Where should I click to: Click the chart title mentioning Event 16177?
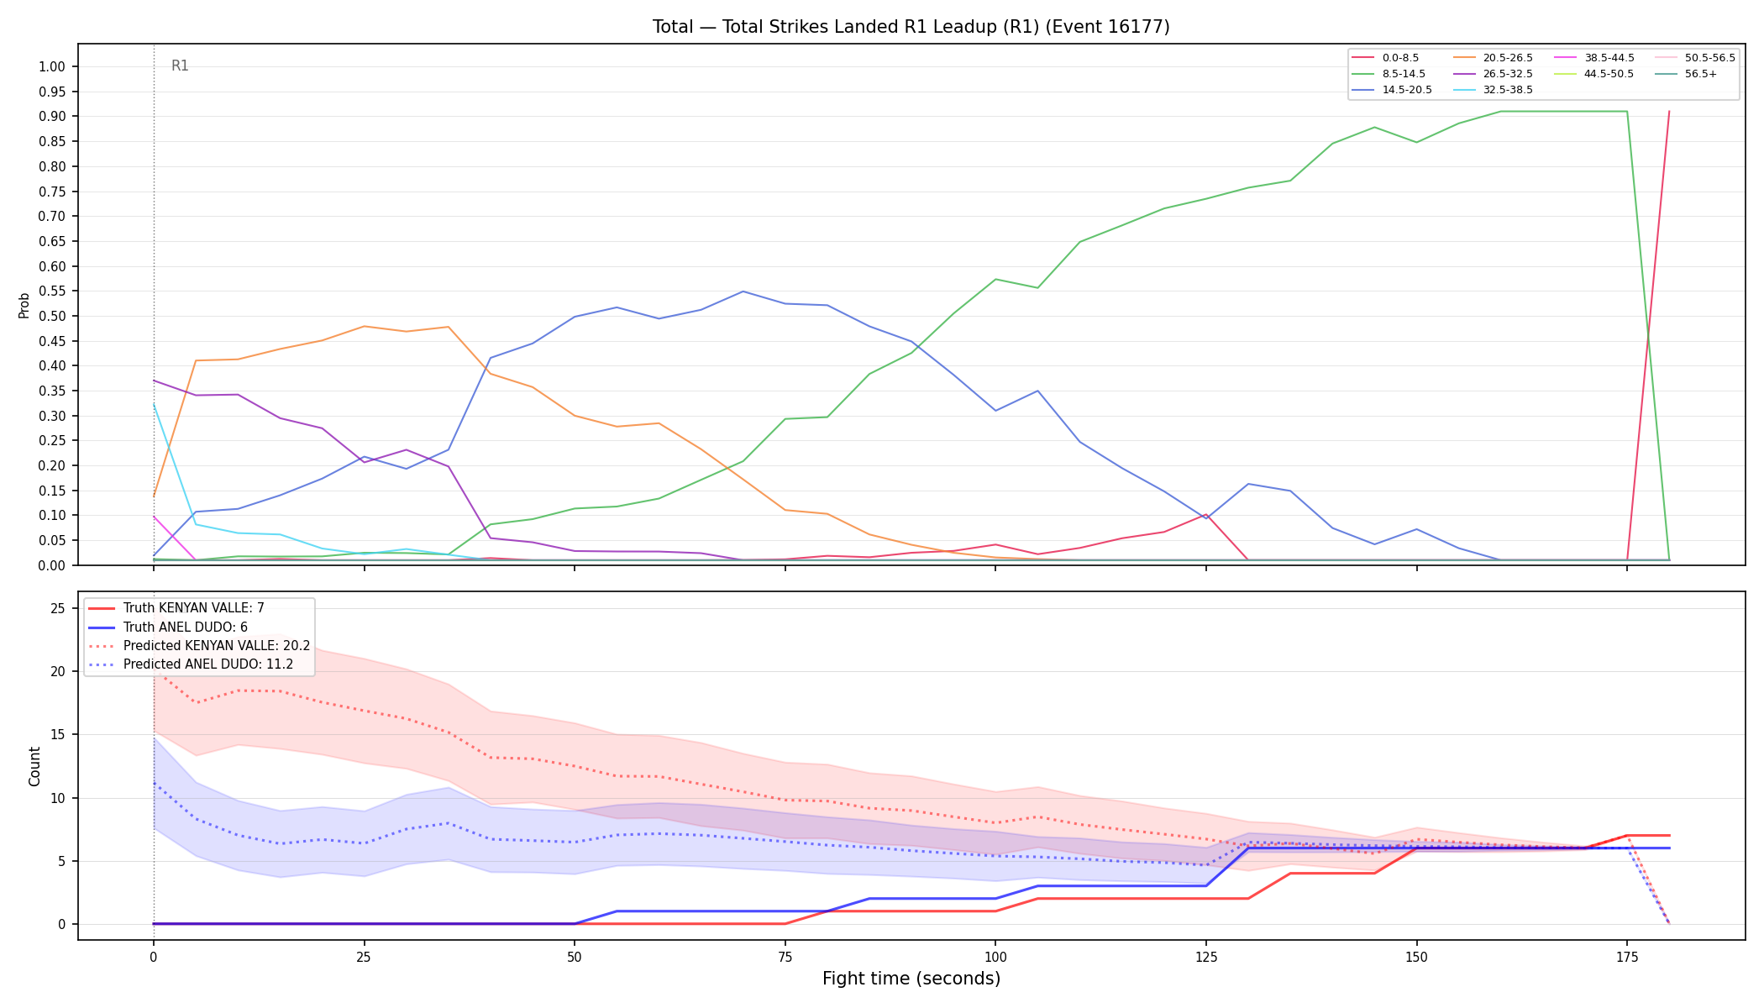click(911, 27)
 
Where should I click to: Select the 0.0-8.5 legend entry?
click(1385, 58)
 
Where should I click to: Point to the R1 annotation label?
click(180, 66)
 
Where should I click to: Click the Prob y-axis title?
click(24, 305)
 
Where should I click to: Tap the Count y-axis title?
click(34, 766)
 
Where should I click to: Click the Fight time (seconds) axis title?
click(911, 979)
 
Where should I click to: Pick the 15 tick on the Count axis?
click(58, 735)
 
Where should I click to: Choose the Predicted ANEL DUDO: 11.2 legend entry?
click(191, 664)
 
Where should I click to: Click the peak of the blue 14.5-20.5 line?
click(743, 291)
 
